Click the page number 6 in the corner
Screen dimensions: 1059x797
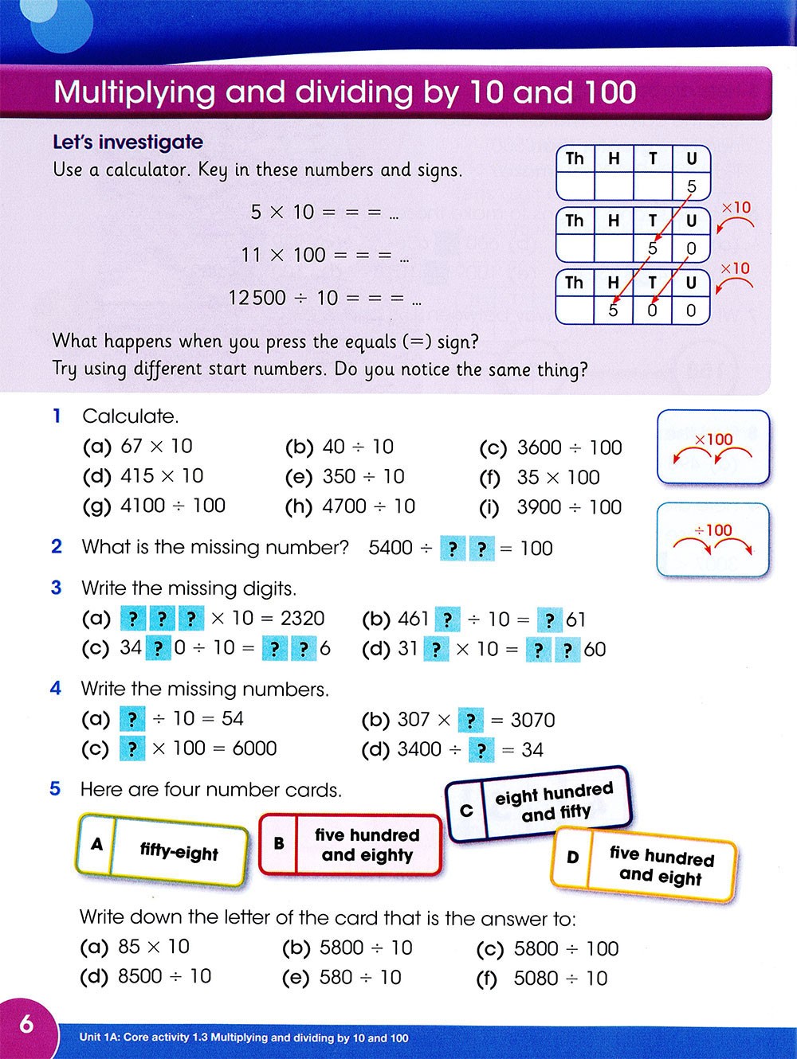(x=26, y=1023)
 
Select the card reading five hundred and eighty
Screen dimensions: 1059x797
(x=351, y=845)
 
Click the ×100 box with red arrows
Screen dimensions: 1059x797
(x=713, y=447)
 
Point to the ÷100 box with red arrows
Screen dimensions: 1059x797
(x=713, y=539)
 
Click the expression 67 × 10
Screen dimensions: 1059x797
(x=156, y=446)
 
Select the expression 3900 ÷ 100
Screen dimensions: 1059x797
(x=569, y=507)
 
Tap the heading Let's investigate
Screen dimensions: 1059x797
(x=128, y=142)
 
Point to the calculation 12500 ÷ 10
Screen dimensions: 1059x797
(x=283, y=298)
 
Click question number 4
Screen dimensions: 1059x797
(x=56, y=688)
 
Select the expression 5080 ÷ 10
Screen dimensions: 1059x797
(x=560, y=978)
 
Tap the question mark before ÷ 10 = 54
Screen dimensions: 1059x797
(x=132, y=719)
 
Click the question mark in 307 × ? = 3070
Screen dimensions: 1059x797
(x=470, y=721)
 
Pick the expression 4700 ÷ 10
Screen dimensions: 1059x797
(x=368, y=506)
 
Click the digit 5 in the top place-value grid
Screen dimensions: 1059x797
(x=691, y=186)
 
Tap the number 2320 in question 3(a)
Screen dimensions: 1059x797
(x=302, y=619)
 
